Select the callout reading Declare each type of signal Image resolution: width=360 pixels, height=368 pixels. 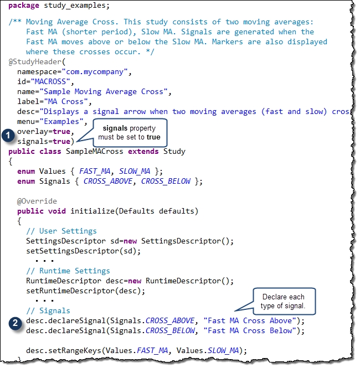click(283, 300)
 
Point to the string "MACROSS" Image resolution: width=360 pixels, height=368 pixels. click(49, 82)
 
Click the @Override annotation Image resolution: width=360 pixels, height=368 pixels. click(37, 201)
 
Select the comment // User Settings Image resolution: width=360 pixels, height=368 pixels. click(61, 231)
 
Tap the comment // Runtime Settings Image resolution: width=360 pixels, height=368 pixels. click(68, 271)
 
